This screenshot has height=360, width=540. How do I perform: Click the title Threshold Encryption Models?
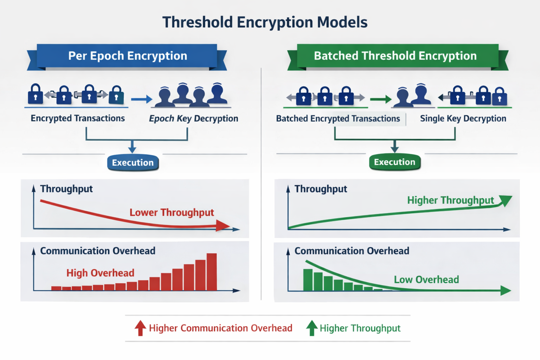pyautogui.click(x=265, y=22)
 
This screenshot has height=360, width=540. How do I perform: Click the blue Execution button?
pyautogui.click(x=133, y=162)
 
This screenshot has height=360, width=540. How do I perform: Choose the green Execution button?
pyautogui.click(x=395, y=162)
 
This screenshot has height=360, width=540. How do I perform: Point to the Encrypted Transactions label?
pyautogui.click(x=78, y=118)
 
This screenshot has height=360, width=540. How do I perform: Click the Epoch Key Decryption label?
pyautogui.click(x=194, y=118)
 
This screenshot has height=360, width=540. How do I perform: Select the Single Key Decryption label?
pyautogui.click(x=463, y=118)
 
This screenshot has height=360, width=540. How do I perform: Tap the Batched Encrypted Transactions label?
pyautogui.click(x=338, y=118)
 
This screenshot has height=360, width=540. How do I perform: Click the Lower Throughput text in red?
pyautogui.click(x=172, y=212)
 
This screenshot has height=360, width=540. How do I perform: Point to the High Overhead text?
pyautogui.click(x=100, y=273)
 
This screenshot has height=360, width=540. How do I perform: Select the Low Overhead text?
pyautogui.click(x=426, y=279)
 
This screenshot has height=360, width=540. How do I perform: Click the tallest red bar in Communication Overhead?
pyautogui.click(x=212, y=272)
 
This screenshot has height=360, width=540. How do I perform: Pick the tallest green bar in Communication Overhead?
pyautogui.click(x=308, y=280)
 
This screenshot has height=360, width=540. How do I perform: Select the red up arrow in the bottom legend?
pyautogui.click(x=140, y=328)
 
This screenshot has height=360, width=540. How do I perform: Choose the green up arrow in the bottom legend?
pyautogui.click(x=312, y=328)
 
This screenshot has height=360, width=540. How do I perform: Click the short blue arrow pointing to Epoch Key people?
pyautogui.click(x=142, y=99)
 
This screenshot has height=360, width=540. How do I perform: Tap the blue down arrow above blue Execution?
pyautogui.click(x=132, y=147)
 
